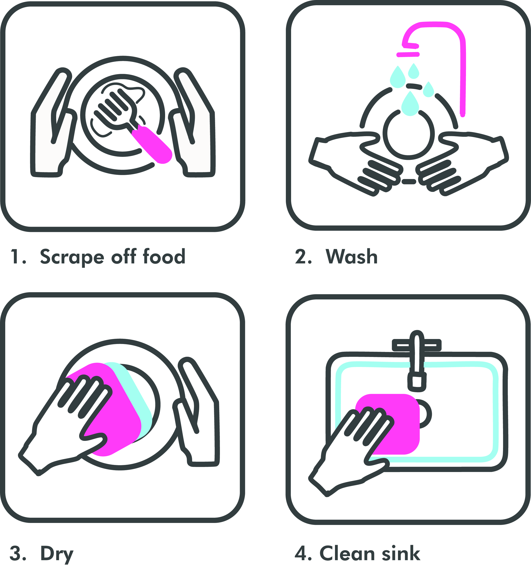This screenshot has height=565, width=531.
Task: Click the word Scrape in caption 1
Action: (x=72, y=257)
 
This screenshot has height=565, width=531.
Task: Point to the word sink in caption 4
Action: (x=401, y=553)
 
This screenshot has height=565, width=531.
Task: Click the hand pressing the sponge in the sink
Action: (x=352, y=452)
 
